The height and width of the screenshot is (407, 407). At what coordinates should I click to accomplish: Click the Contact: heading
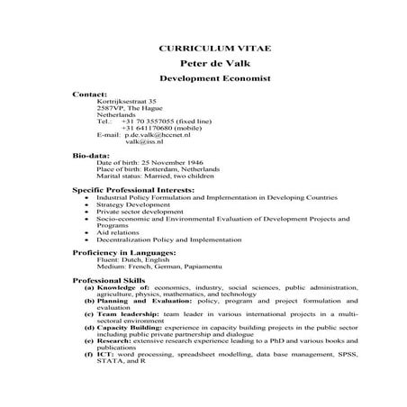pos(90,94)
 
